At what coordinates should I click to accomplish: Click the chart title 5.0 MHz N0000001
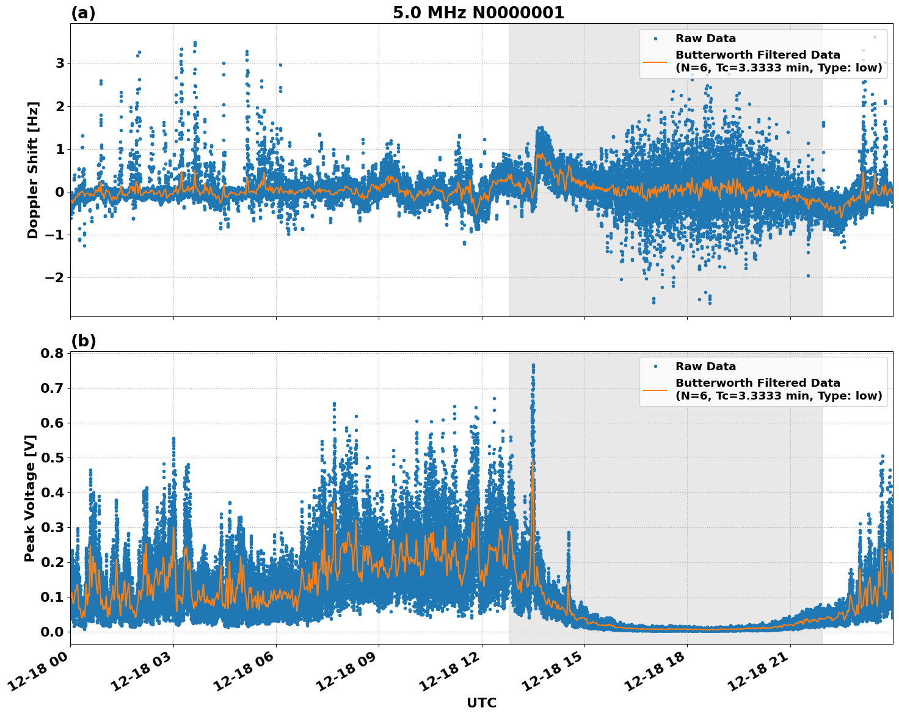click(x=478, y=13)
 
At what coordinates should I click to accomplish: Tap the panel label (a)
click(x=83, y=13)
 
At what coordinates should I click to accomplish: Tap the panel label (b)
click(x=83, y=341)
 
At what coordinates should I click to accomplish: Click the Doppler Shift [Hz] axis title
click(x=33, y=170)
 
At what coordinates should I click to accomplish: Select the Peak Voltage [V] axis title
click(x=30, y=498)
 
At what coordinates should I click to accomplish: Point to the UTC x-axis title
click(x=481, y=703)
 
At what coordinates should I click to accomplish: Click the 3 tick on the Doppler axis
click(x=60, y=64)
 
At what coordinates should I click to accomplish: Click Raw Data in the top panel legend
click(x=705, y=38)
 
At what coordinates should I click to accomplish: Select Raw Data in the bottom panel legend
click(x=705, y=367)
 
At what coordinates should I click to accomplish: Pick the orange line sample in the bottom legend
click(x=655, y=389)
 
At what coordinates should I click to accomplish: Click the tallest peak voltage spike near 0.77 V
click(x=533, y=365)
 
